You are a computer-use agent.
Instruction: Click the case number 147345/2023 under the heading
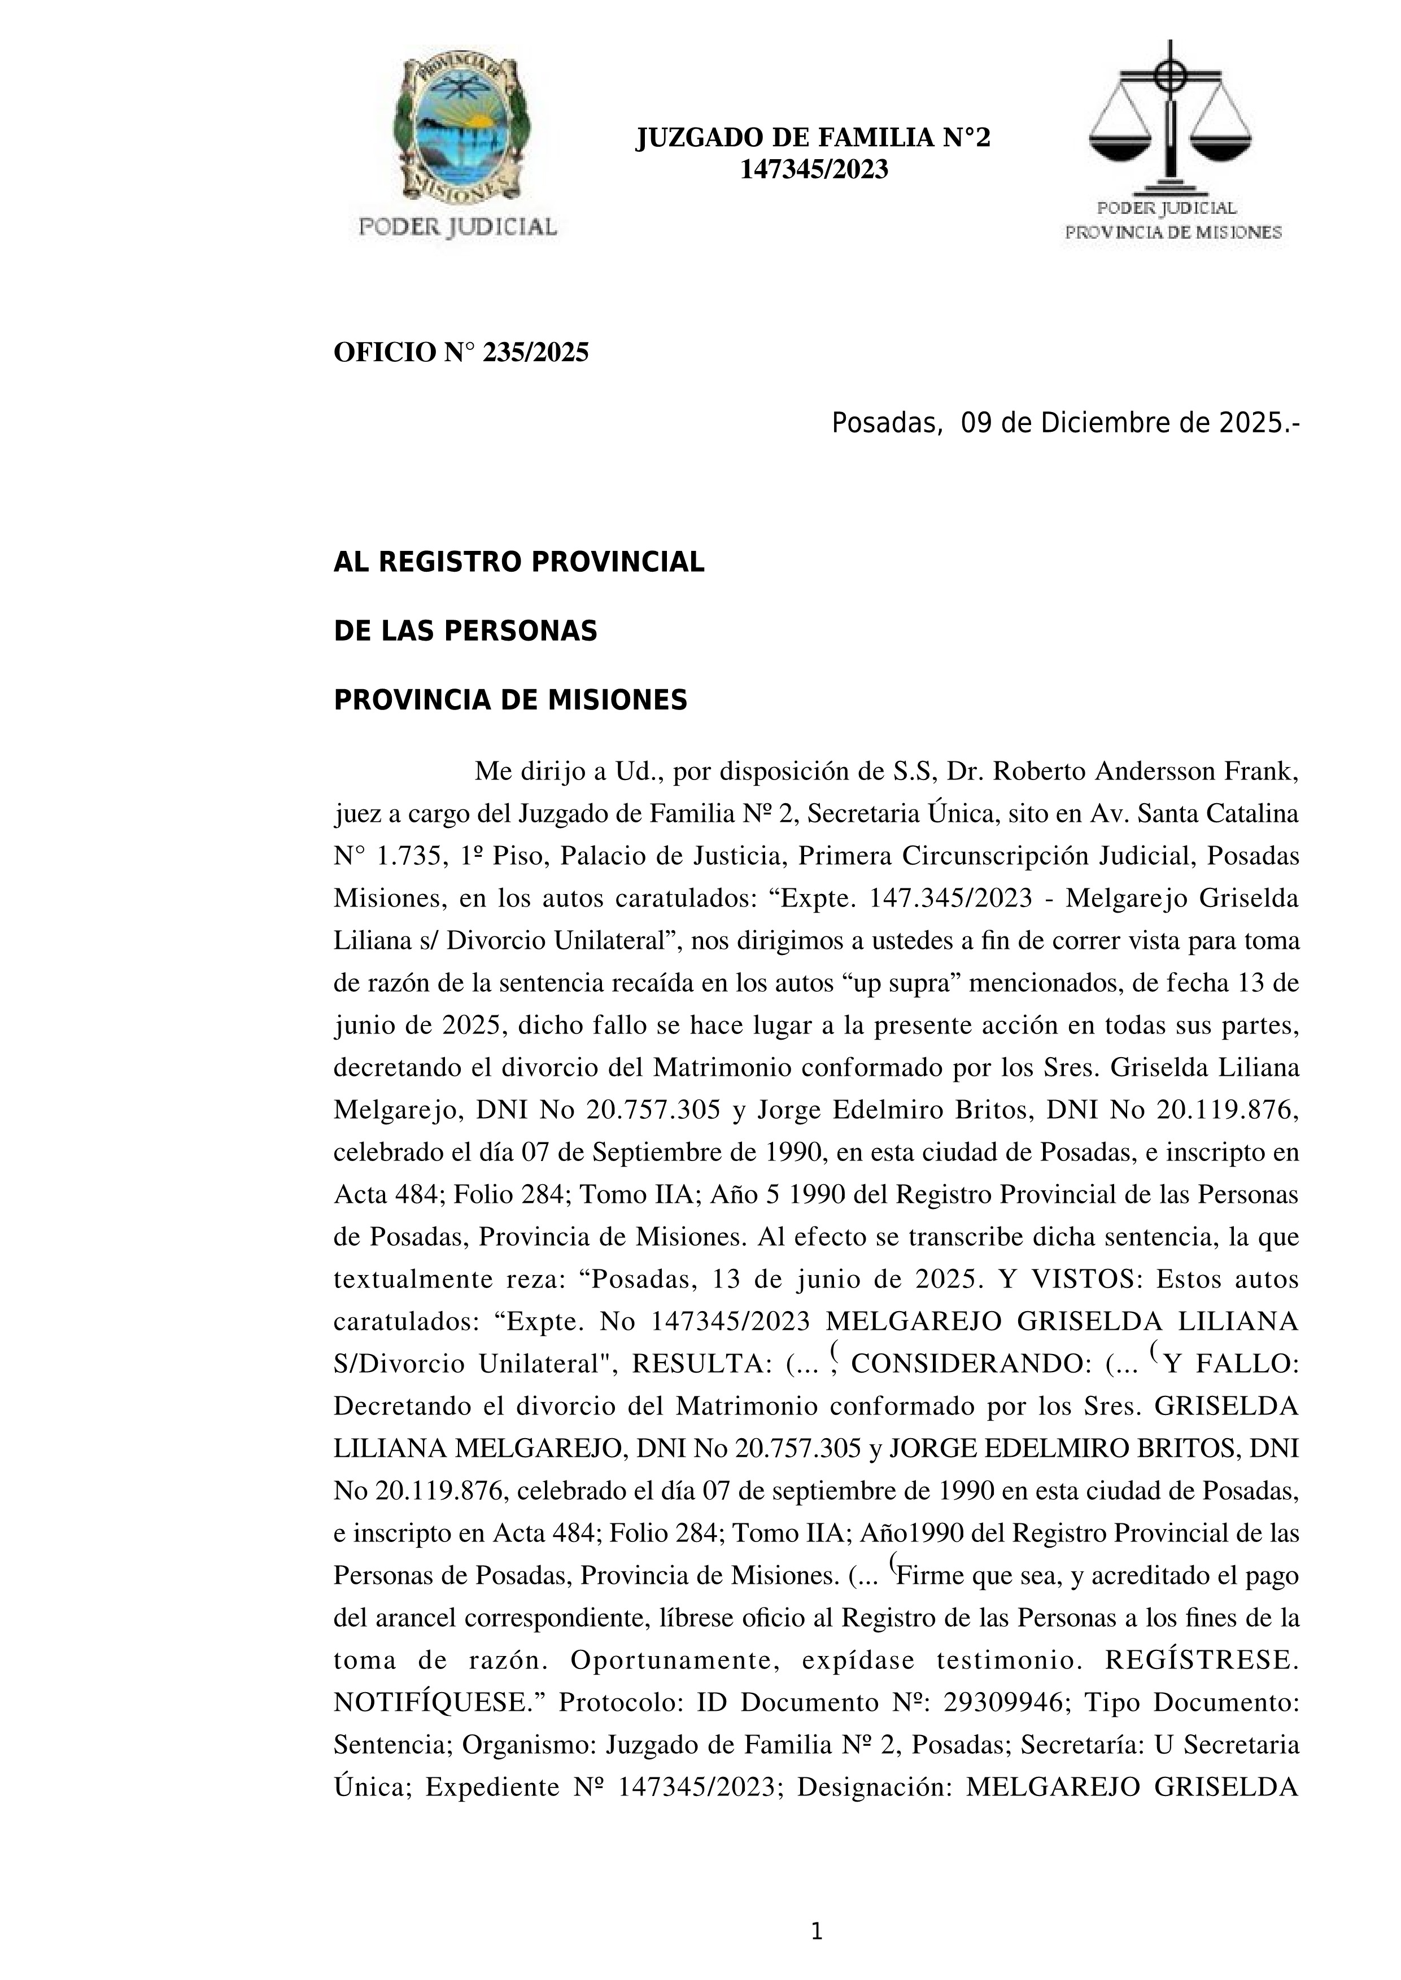[x=814, y=170]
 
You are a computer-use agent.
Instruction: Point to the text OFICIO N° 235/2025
[x=461, y=353]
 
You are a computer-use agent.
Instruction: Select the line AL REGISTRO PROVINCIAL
[x=518, y=562]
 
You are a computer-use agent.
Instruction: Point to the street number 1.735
[x=405, y=856]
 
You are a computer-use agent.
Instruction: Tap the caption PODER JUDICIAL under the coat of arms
[x=457, y=227]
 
